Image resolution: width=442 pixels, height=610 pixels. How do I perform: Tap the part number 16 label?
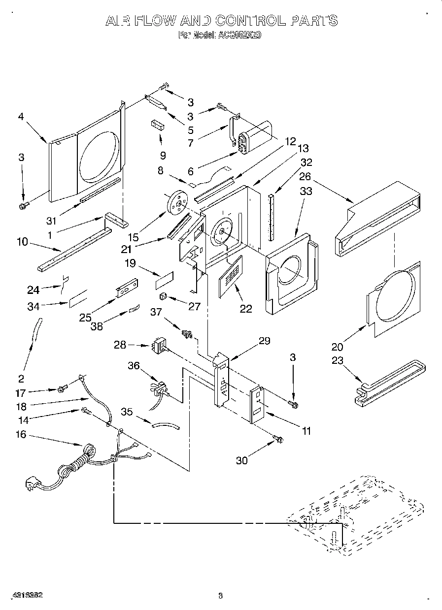pos(21,435)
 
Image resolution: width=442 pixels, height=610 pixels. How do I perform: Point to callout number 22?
pos(245,309)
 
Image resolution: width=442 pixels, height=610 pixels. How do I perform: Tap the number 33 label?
pos(306,192)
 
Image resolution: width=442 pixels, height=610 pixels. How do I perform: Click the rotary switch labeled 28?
pos(158,347)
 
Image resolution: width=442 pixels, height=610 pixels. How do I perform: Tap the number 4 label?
pos(21,117)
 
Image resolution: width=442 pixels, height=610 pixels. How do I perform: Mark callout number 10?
pos(21,243)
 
